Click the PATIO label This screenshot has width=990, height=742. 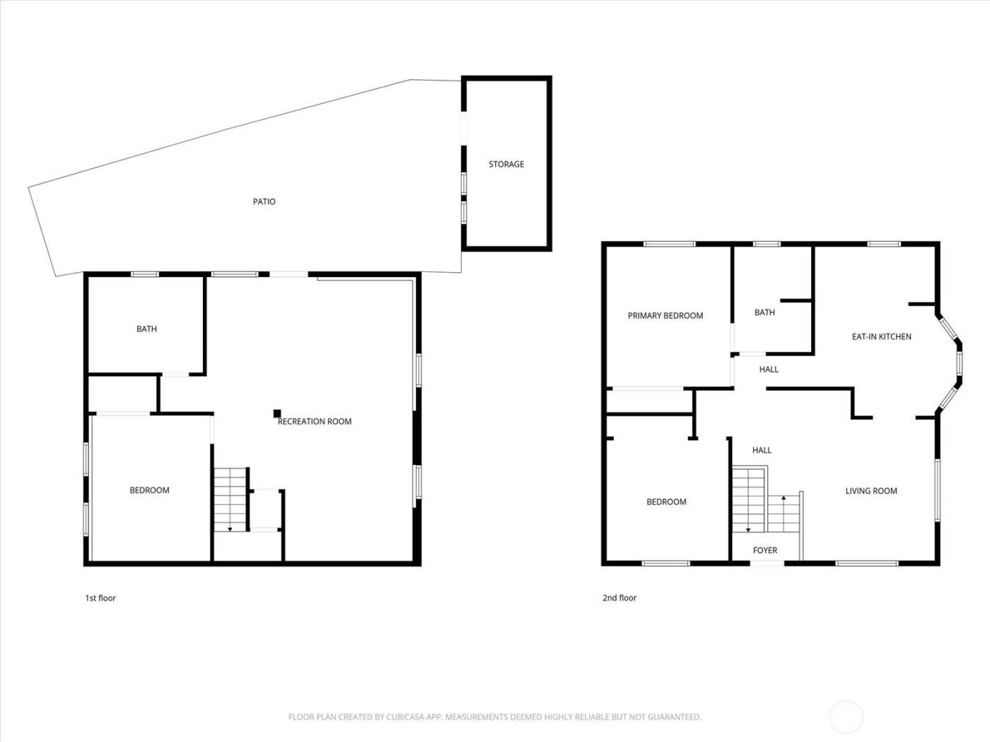coord(264,201)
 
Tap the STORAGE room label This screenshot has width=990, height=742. coord(506,164)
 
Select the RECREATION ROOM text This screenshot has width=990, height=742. coord(315,421)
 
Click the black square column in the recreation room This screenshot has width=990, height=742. coord(278,414)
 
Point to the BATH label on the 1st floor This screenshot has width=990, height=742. coord(146,329)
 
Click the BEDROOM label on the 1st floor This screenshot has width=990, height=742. coord(149,490)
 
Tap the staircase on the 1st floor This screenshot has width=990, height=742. coord(230,500)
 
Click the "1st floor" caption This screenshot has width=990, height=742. coord(100,598)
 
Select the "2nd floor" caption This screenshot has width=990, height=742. coord(619,598)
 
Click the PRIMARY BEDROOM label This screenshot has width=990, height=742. coord(665,316)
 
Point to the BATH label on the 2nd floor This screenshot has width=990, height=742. coord(764,312)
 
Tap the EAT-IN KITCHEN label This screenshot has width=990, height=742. coord(881,336)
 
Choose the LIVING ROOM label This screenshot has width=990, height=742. coord(871,490)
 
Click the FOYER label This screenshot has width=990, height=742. coord(765,550)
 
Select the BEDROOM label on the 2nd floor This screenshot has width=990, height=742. coord(666,502)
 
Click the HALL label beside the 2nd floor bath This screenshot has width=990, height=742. coord(769,369)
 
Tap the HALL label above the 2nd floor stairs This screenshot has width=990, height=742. coord(762,449)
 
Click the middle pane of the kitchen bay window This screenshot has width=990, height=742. coord(960,363)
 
